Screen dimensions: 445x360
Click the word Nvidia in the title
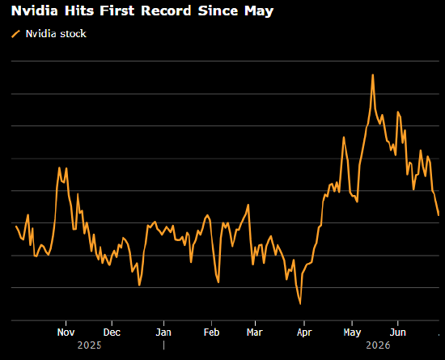tap(34, 11)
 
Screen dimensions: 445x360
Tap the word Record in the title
tap(166, 11)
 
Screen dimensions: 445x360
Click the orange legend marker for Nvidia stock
tap(15, 34)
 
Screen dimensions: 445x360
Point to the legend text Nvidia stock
tap(56, 34)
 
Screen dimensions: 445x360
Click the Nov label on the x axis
tap(66, 332)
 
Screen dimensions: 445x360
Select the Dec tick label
tap(112, 332)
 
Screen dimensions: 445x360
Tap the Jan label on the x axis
tap(163, 332)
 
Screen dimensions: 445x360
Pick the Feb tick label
tap(211, 332)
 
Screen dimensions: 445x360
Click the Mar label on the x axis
tap(255, 332)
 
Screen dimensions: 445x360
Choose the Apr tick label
tap(304, 332)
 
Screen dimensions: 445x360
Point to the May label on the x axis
tap(352, 332)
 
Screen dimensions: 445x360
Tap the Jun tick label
tap(397, 332)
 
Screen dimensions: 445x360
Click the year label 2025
tap(89, 345)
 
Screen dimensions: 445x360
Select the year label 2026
tap(378, 345)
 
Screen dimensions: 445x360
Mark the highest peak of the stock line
tap(373, 75)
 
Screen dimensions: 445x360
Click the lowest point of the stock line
tap(300, 304)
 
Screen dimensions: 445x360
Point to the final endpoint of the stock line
tap(439, 215)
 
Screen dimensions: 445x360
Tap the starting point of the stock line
tap(16, 226)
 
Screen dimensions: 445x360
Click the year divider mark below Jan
tap(163, 345)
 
